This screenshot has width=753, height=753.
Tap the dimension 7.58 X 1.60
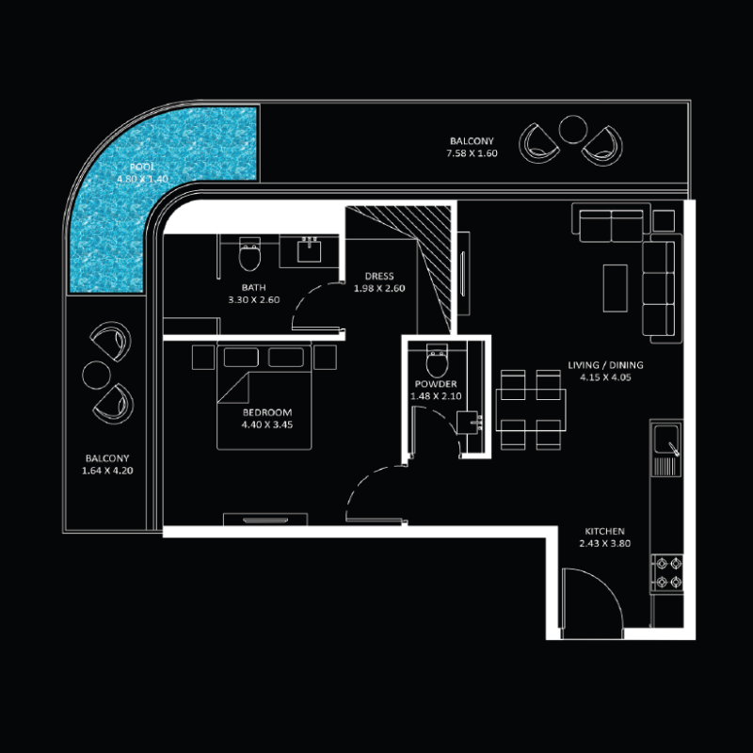473,152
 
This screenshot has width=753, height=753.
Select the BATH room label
253,288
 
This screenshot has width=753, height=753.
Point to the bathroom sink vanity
309,248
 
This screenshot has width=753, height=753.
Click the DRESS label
379,277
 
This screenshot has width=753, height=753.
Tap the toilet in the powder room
437,360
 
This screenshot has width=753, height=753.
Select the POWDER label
435,384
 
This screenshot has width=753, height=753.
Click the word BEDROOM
267,412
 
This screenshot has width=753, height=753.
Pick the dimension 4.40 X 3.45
267,425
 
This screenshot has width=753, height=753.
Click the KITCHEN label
603,531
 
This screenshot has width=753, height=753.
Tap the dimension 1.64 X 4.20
105,470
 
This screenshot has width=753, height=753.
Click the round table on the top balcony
572,128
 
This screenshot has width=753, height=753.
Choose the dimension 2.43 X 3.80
603,544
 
